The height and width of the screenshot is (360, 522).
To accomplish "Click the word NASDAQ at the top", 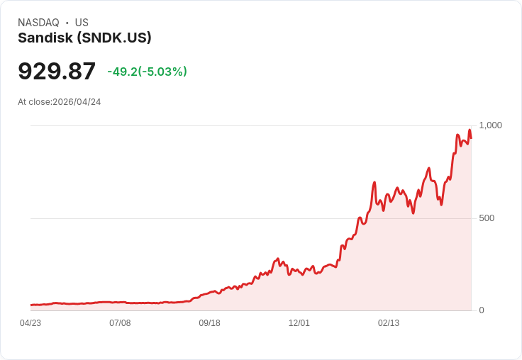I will [x=38, y=23].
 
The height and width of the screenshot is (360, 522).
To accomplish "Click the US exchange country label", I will [x=82, y=23].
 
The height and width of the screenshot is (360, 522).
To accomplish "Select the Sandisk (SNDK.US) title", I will [x=84, y=38].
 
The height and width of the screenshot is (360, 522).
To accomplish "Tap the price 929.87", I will [x=57, y=72].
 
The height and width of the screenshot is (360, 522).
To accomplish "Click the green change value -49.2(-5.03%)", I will [x=147, y=72].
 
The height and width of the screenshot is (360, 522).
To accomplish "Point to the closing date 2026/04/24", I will [x=77, y=102].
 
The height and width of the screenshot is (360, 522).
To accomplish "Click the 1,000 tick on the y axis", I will [x=490, y=125].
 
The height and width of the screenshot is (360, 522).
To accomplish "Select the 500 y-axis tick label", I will [x=487, y=218].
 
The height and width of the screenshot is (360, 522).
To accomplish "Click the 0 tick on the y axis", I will [x=482, y=310].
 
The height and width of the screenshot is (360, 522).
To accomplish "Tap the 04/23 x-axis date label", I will [x=30, y=323].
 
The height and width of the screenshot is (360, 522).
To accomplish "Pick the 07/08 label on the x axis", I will [x=120, y=323].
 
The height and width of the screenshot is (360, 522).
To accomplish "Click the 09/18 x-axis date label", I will [x=209, y=323].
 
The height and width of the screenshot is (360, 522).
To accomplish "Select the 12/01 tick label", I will [x=299, y=323].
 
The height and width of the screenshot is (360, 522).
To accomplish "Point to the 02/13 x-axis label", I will [x=388, y=323].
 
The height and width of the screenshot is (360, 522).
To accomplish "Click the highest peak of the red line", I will [x=469, y=130].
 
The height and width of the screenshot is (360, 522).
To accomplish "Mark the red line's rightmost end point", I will [x=471, y=138].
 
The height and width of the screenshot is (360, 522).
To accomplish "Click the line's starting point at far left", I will [x=31, y=305].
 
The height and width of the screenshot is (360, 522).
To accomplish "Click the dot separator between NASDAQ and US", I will [x=67, y=23].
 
